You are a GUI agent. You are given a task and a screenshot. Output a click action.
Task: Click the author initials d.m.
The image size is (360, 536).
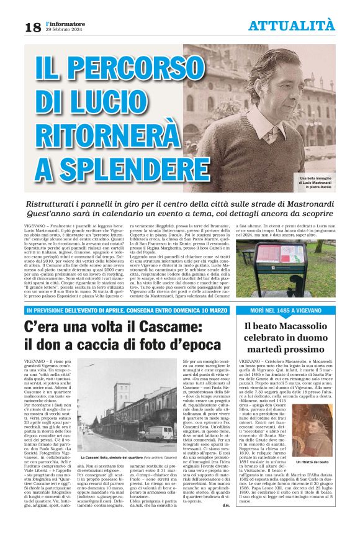point(226,522)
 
